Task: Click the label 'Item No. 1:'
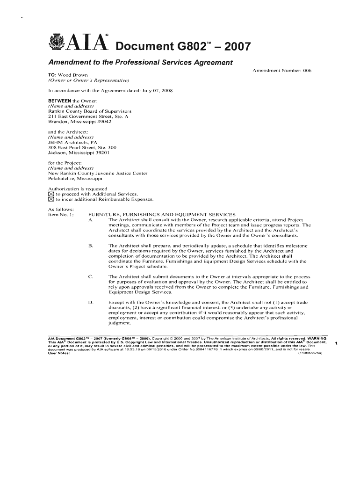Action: [x=61, y=214]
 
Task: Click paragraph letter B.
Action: [x=91, y=245]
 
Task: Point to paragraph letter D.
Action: [x=91, y=302]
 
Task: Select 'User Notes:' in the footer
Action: [x=59, y=353]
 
